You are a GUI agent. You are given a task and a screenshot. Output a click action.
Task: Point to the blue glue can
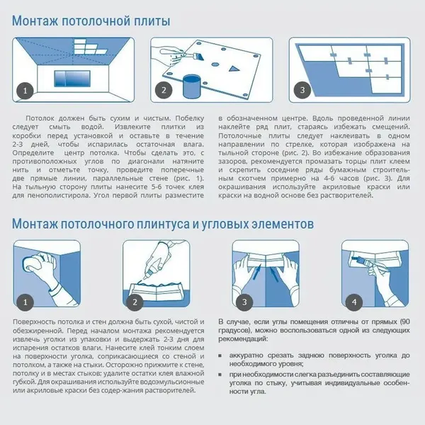[x=191, y=86]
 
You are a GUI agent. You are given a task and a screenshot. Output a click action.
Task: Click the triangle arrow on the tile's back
[x=234, y=70]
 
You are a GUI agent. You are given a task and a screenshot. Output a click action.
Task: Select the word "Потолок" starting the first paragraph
[x=42, y=116]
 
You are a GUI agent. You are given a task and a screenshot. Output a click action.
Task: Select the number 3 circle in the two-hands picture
[x=244, y=302]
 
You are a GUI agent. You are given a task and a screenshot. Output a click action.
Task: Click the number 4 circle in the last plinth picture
[x=353, y=302]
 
